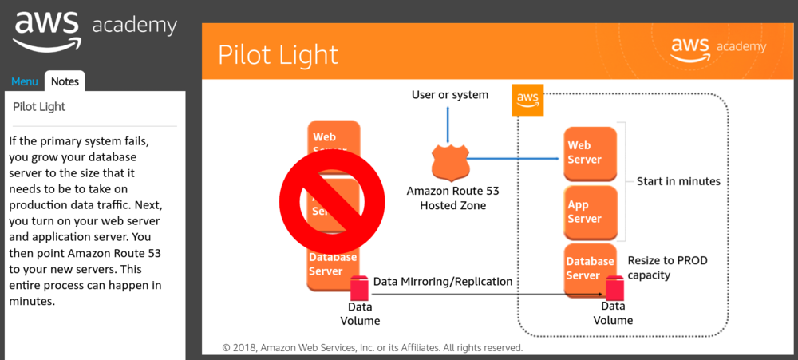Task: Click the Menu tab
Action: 24,81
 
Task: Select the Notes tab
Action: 65,81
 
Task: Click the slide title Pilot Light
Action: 278,54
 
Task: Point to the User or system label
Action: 449,95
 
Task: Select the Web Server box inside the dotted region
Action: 591,152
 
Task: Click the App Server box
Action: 591,212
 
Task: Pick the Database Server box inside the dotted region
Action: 589,268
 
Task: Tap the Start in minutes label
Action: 678,181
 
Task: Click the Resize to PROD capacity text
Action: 667,267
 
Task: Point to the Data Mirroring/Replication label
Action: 443,281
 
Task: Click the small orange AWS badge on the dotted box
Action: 527,100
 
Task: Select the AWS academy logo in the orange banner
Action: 717,48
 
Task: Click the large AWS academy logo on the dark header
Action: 94,30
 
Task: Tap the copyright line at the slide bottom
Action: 372,348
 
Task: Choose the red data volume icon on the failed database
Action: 359,287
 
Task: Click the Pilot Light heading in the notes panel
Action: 40,106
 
